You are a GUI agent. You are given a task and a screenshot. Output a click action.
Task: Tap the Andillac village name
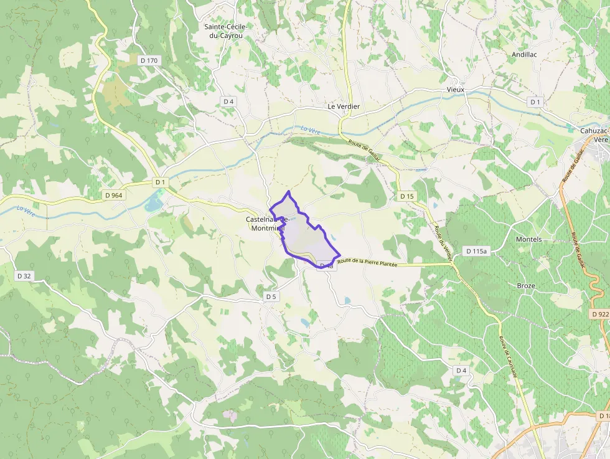tap(524, 55)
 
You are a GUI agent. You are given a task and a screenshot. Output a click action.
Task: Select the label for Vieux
tap(456, 90)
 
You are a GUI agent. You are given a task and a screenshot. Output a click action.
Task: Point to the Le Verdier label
tap(344, 106)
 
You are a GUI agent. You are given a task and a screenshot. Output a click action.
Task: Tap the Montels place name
tap(528, 239)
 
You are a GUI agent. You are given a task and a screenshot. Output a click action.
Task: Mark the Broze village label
tap(526, 286)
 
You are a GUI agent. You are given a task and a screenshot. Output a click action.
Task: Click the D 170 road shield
tap(149, 60)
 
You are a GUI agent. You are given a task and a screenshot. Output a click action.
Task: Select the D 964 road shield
tap(115, 195)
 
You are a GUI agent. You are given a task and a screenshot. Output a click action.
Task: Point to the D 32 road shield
tap(24, 275)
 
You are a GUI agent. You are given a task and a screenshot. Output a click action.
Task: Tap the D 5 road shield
tap(271, 296)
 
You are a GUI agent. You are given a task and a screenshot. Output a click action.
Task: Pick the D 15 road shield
tap(406, 196)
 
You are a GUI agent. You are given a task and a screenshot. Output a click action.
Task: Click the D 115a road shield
tap(477, 251)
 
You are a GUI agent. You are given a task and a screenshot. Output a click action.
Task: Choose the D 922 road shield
tap(600, 315)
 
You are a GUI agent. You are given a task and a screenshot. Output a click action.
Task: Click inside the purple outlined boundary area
tap(305, 237)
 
